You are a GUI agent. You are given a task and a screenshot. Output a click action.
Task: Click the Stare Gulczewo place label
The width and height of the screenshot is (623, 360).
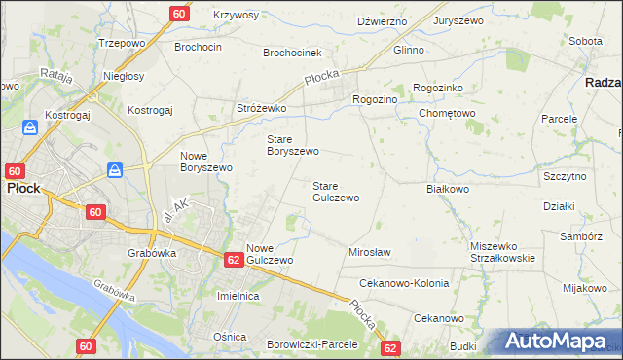pos(335,192)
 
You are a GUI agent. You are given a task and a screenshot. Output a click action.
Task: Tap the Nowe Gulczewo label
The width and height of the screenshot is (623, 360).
pos(270,254)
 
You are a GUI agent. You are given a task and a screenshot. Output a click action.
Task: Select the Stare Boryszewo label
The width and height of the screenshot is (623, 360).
pos(293,145)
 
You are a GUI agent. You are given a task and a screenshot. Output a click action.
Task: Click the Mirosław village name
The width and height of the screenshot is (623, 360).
pos(369,252)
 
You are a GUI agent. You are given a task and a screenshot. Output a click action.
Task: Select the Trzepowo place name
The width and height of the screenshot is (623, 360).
pos(122,44)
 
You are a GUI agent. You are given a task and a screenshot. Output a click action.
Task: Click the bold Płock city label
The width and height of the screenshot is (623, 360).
pos(23,189)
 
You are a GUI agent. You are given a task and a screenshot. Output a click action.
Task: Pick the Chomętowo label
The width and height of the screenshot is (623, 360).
pos(447,112)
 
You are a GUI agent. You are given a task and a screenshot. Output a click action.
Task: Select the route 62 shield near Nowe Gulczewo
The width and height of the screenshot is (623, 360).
pos(233,260)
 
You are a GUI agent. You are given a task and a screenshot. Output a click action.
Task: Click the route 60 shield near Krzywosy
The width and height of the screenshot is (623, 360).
pos(178,14)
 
